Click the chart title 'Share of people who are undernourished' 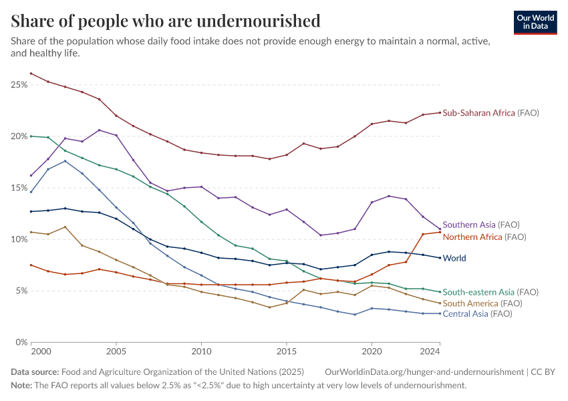coord(166,21)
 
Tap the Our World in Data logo coord(535,22)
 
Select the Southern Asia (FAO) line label coord(481,225)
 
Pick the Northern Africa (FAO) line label coord(484,237)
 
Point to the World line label coord(454,258)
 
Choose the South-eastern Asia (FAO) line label coord(490,292)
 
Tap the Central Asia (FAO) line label coord(477,313)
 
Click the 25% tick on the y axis coord(19,85)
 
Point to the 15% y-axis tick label coord(19,188)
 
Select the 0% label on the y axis coord(21,342)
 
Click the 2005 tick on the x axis coord(116,351)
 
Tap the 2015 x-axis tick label coord(287,351)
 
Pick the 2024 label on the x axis coord(430,351)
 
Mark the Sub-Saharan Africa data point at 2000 coord(31,74)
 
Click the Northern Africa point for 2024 coord(440,232)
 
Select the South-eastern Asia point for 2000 coord(31,136)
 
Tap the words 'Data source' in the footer coord(35,372)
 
